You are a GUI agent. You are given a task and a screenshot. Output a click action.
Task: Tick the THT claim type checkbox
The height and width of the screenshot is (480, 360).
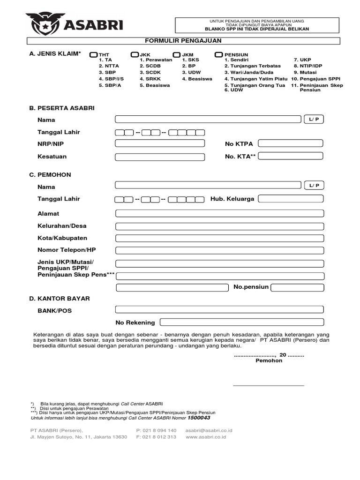tap(94, 55)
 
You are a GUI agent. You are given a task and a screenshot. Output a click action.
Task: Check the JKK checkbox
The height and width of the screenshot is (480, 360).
tap(135, 55)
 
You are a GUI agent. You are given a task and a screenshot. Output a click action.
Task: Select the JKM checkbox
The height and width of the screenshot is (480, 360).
tap(177, 55)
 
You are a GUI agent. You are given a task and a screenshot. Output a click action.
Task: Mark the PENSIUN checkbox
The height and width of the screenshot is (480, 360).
tap(218, 55)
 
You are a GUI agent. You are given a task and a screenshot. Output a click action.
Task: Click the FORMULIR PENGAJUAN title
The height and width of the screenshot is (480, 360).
tap(187, 41)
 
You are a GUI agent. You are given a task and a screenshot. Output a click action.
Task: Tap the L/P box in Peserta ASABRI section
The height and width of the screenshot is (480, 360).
tap(314, 120)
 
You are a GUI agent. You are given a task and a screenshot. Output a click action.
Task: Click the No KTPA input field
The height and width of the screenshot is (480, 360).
tap(291, 143)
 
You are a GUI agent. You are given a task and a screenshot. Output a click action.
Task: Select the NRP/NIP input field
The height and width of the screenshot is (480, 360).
tap(160, 143)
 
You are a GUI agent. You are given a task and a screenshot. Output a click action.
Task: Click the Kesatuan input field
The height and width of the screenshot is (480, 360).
tap(160, 157)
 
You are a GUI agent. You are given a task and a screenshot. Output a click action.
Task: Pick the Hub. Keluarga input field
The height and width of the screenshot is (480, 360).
tap(291, 199)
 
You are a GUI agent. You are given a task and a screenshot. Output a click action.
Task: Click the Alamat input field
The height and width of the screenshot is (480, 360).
tap(219, 214)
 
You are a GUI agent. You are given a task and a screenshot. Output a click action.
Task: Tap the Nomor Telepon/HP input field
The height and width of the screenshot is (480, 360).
tap(219, 250)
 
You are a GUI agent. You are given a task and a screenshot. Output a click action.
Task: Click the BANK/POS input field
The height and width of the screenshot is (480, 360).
tap(219, 309)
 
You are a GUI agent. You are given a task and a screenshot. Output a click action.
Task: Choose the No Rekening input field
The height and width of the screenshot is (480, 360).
tap(241, 322)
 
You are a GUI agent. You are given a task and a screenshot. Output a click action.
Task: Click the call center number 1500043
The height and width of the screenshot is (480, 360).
tap(199, 418)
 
